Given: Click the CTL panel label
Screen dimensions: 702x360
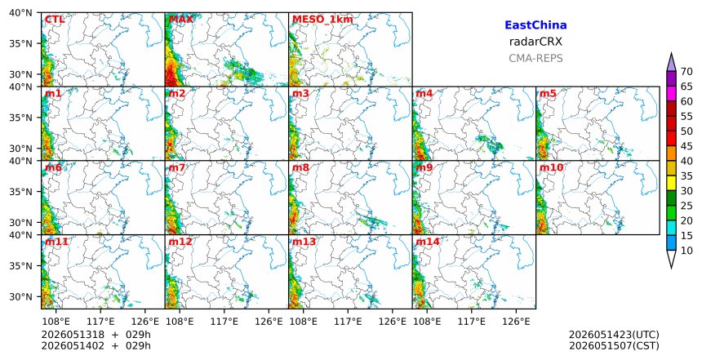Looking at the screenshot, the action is [x=55, y=20].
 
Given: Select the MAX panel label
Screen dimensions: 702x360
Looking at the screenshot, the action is [x=181, y=20].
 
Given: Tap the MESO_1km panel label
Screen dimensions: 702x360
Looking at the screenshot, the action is [x=322, y=20].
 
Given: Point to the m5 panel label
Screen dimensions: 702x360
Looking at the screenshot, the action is [x=548, y=94].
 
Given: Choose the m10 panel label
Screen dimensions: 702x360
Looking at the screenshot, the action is [x=551, y=167].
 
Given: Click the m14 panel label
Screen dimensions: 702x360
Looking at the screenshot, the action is [x=428, y=242].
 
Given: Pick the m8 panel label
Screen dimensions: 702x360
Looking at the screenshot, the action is [x=300, y=167].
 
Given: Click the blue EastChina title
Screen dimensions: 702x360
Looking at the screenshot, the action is [x=535, y=25].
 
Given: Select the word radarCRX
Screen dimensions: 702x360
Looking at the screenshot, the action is [x=535, y=42].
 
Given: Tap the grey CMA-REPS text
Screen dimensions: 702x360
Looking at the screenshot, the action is [x=535, y=58].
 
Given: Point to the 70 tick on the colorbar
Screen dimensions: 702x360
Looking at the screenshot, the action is [x=686, y=72].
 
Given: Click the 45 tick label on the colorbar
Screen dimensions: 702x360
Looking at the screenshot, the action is [x=686, y=146].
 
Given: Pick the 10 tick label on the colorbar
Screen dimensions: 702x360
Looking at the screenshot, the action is [x=686, y=251].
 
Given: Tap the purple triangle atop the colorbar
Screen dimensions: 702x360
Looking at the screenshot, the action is [x=671, y=64].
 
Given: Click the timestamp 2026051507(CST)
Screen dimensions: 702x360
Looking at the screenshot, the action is [x=614, y=345].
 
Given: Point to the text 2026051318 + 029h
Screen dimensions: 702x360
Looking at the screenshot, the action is [x=96, y=335].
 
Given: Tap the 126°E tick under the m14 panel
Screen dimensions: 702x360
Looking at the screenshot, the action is [x=516, y=322].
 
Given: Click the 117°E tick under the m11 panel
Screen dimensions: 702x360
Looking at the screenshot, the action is [x=100, y=322].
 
